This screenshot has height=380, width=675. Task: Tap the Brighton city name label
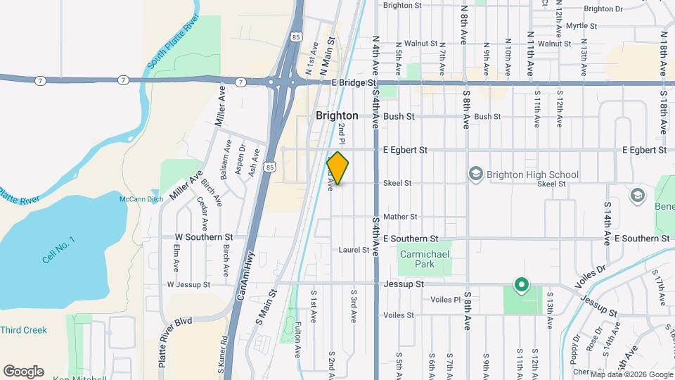337,115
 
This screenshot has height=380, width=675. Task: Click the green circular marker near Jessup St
521,286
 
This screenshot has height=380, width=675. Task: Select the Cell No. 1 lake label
58,250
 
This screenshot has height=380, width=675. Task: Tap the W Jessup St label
188,284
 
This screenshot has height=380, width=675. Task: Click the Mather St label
400,217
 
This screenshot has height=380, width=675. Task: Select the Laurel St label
354,250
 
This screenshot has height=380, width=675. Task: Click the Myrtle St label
581,26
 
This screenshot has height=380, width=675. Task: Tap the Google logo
23,371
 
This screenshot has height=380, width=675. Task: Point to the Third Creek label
23,330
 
